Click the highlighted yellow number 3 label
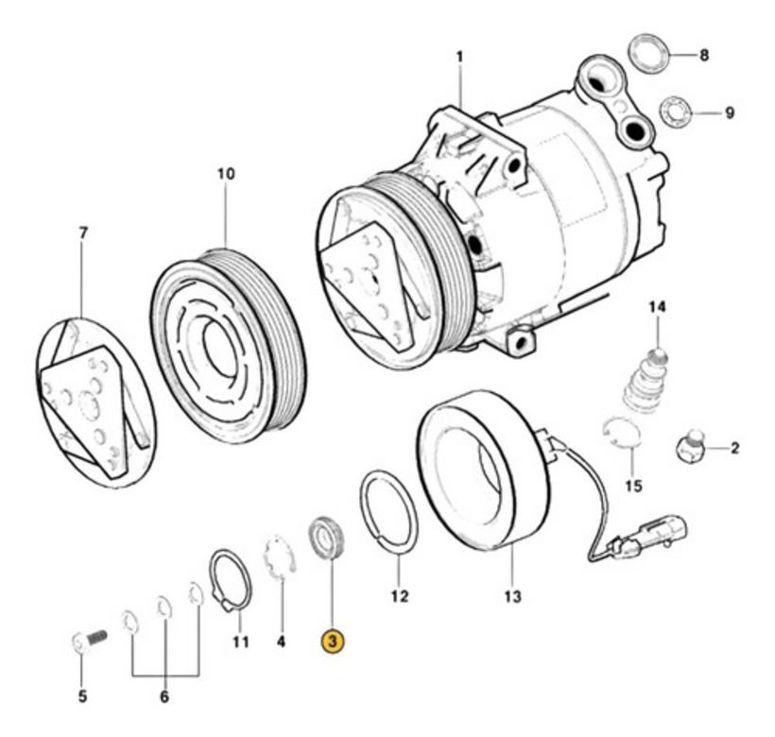[x=333, y=642]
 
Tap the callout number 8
[x=704, y=56]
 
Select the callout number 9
[x=729, y=113]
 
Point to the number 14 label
[x=657, y=307]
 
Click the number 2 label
[x=734, y=448]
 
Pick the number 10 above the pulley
[x=226, y=175]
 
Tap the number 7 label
[x=82, y=232]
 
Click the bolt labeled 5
[x=89, y=643]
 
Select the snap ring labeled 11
[x=230, y=578]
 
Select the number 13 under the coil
[x=511, y=596]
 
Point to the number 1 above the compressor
[x=460, y=57]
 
